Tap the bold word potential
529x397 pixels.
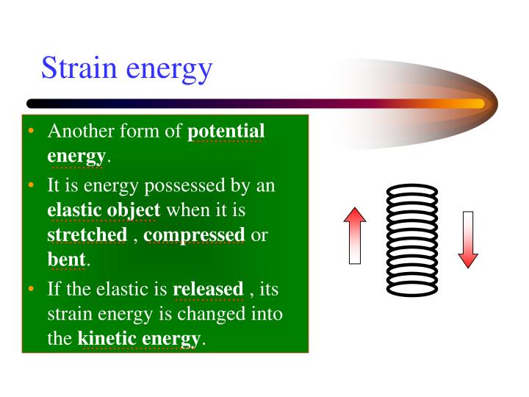click(226, 132)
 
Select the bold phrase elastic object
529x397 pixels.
click(104, 210)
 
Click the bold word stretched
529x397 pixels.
click(87, 235)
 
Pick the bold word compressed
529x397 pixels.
click(195, 235)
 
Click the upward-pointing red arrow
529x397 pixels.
click(355, 235)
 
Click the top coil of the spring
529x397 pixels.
click(411, 190)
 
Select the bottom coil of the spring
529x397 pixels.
click(411, 289)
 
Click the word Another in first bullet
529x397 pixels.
click(78, 132)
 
